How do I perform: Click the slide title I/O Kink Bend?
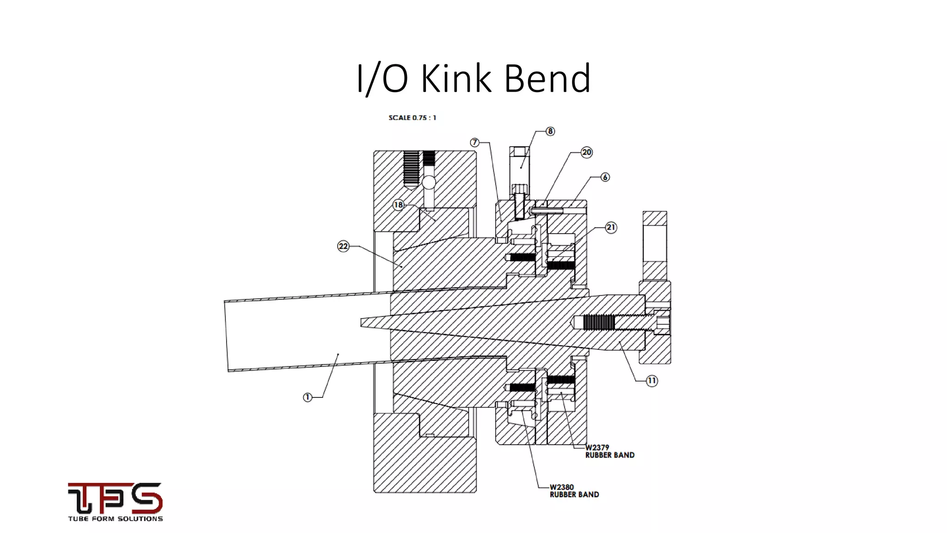pyautogui.click(x=473, y=79)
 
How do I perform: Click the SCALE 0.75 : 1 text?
pyautogui.click(x=412, y=118)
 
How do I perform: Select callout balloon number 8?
pyautogui.click(x=550, y=131)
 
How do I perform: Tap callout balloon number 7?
pyautogui.click(x=474, y=143)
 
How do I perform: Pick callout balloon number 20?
pyautogui.click(x=586, y=152)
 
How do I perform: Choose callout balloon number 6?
pyautogui.click(x=605, y=177)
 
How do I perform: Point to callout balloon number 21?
pyautogui.click(x=611, y=227)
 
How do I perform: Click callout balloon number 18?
pyautogui.click(x=398, y=205)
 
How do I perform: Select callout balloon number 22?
pyautogui.click(x=343, y=246)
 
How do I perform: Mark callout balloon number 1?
pyautogui.click(x=307, y=397)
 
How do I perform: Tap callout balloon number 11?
pyautogui.click(x=652, y=381)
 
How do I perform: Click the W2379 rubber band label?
pyautogui.click(x=609, y=451)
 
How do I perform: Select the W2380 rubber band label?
pyautogui.click(x=574, y=491)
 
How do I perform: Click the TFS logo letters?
pyautogui.click(x=115, y=498)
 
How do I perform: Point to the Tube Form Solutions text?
pyautogui.click(x=115, y=519)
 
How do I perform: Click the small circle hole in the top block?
pyautogui.click(x=429, y=182)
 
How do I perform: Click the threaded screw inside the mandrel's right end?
pyautogui.click(x=599, y=322)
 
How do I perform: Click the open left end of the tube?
pyautogui.click(x=226, y=336)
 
